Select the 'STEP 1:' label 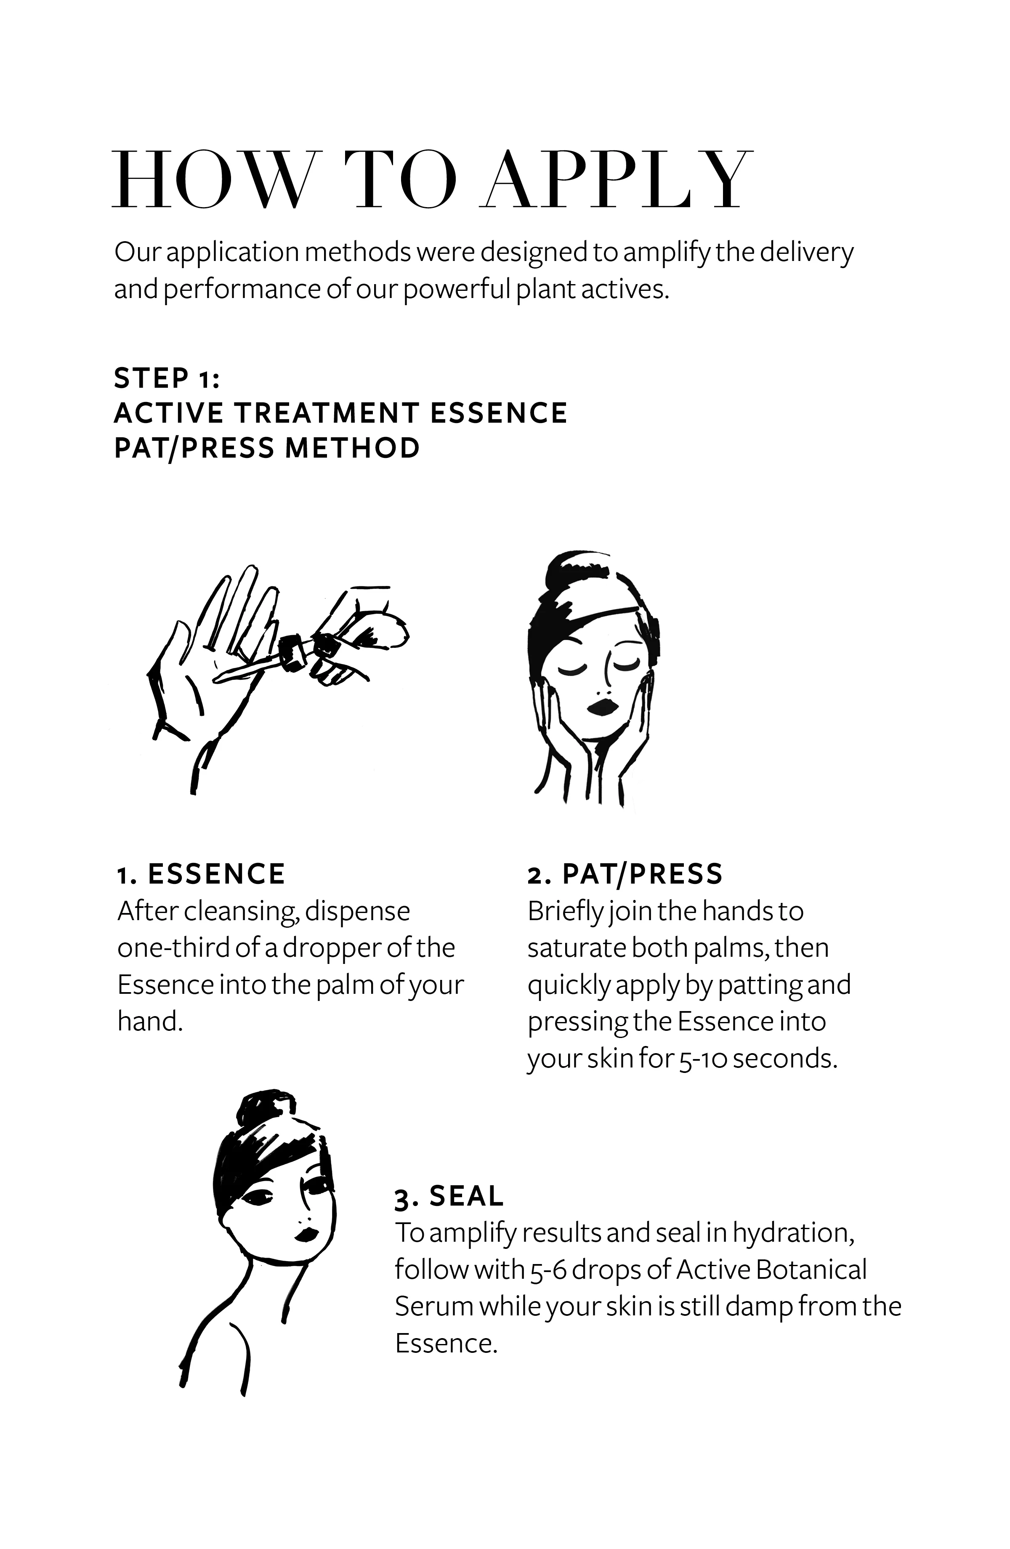(167, 378)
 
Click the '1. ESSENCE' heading (201, 874)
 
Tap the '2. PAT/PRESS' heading (625, 874)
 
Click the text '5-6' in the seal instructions (553, 1270)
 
